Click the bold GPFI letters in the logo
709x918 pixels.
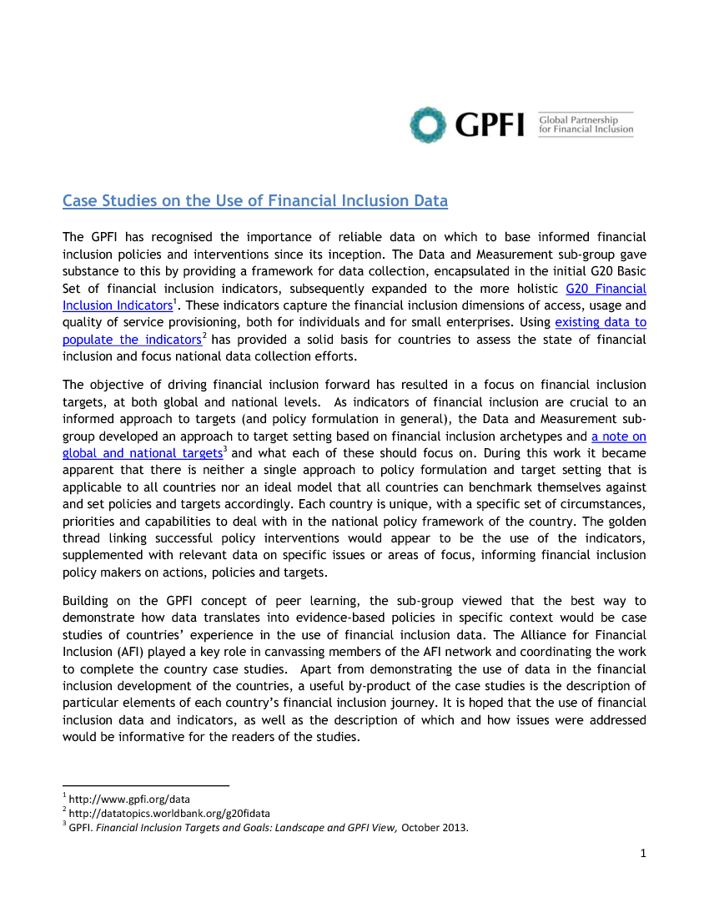pos(490,125)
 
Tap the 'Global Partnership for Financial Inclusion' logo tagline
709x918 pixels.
pos(586,124)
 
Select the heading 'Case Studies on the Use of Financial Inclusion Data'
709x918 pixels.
pos(255,201)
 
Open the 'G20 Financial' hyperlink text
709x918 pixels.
pos(606,289)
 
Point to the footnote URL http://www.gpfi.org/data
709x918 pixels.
pos(129,799)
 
